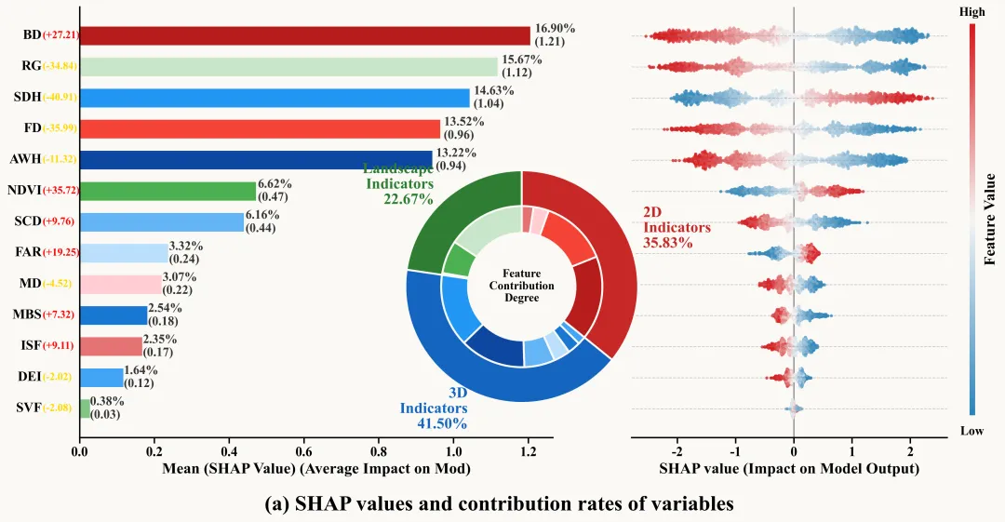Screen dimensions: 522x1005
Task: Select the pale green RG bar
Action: point(288,66)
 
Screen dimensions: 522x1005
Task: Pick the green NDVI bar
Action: point(167,191)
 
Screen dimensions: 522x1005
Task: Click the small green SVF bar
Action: point(85,408)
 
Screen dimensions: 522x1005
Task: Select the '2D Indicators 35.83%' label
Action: point(677,226)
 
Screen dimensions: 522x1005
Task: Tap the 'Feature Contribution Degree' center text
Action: point(521,286)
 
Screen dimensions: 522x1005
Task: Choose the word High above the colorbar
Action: point(971,12)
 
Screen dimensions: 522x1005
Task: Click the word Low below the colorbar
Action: point(971,431)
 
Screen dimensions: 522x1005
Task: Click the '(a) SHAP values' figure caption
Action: point(500,503)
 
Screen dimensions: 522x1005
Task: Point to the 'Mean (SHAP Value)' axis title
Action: point(316,469)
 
